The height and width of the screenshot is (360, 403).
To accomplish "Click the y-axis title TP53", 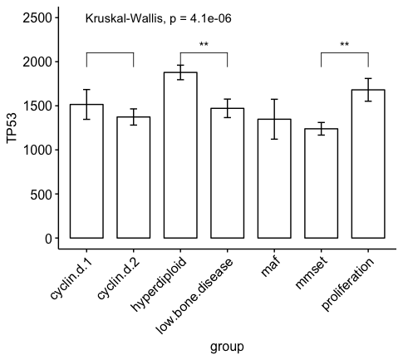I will pyautogui.click(x=12, y=128).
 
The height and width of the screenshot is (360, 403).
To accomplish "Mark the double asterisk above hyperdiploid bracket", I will pyautogui.click(x=204, y=45).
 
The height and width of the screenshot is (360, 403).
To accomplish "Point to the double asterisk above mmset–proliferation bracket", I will pyautogui.click(x=345, y=45).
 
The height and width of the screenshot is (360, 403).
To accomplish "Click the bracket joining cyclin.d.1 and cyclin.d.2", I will pyautogui.click(x=110, y=53).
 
